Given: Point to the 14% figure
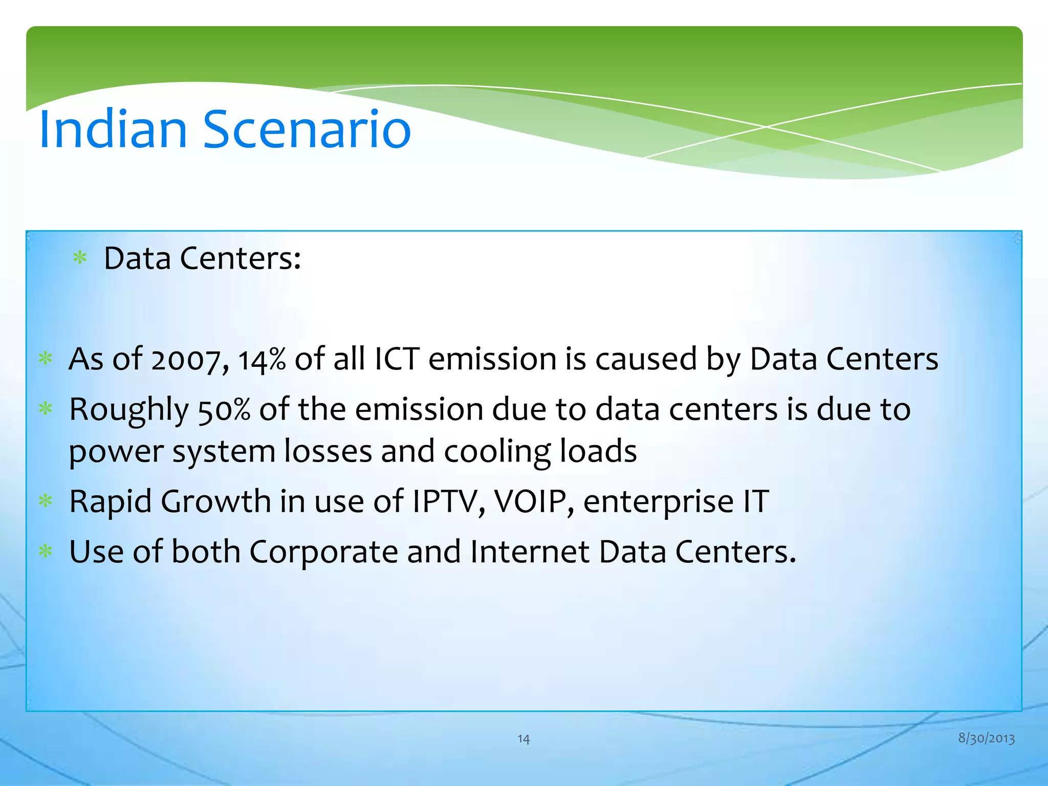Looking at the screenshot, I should [x=262, y=359].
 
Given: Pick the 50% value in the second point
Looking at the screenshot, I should [x=224, y=410].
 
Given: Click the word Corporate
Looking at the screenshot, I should [x=323, y=552].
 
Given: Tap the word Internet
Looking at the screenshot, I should [x=530, y=552].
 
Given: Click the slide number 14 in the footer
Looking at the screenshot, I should [x=523, y=738].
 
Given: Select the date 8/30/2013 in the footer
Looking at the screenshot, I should [x=986, y=738].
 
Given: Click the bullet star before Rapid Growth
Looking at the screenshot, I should [x=46, y=501].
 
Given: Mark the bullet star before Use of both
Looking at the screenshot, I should [x=46, y=552].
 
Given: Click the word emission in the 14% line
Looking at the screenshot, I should [x=492, y=359].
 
